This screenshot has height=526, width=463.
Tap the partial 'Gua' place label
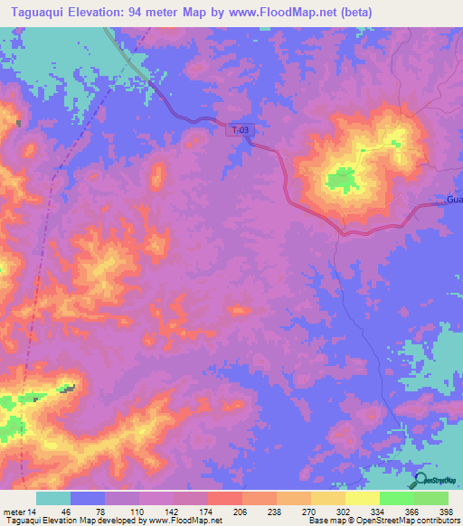pos(454,199)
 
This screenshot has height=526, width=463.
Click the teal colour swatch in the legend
pos(53,498)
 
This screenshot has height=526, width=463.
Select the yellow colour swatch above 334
pos(362,498)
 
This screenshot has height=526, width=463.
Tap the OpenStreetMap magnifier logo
pos(420,481)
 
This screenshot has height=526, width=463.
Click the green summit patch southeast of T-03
pos(342,179)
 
